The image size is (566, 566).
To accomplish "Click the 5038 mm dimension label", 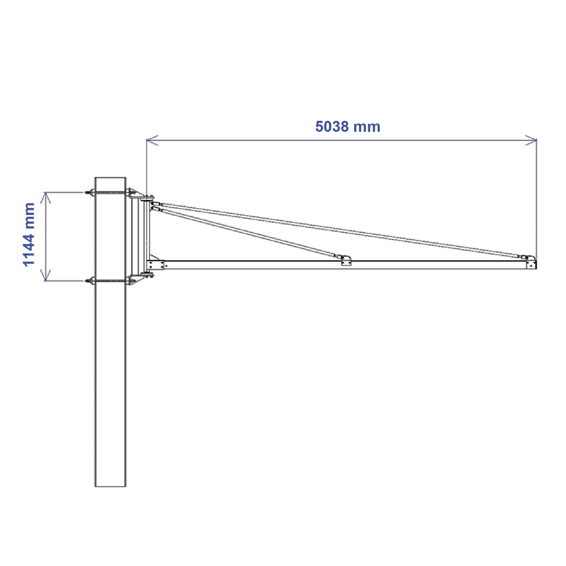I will tap(348, 127).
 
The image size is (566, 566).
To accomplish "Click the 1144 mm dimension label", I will tap(29, 235).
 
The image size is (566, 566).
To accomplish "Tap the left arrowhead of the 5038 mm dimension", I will tap(150, 140).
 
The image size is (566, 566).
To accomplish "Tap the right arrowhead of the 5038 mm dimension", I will tap(533, 140).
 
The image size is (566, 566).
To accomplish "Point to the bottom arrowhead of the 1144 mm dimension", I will tap(45, 277).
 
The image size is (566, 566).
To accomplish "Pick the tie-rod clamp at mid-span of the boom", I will tap(346, 261).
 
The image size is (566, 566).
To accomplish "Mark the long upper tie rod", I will tap(339, 230).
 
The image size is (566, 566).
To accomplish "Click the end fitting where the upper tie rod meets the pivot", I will tap(156, 204).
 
